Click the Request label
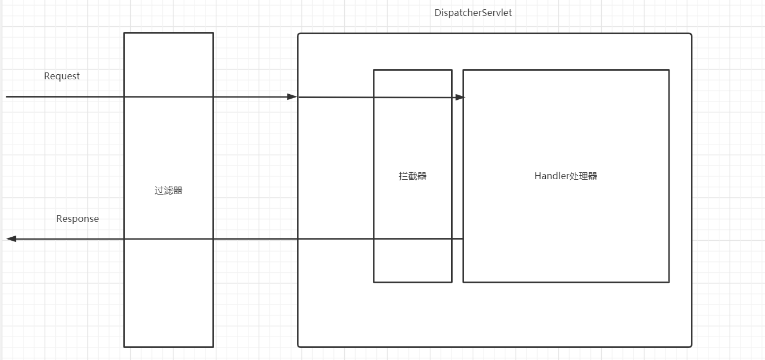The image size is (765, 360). click(62, 76)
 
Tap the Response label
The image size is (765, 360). click(77, 219)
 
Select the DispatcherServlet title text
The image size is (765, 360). click(473, 13)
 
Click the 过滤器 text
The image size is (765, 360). click(168, 190)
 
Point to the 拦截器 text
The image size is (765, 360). click(412, 176)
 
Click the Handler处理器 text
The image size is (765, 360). click(565, 176)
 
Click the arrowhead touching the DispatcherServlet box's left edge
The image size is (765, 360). click(292, 97)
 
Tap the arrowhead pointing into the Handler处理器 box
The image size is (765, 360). click(460, 98)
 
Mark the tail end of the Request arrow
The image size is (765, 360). click(7, 97)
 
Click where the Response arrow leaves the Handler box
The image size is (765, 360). click(463, 238)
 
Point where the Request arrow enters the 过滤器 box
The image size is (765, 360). click(124, 97)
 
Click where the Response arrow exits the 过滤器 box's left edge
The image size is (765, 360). click(124, 238)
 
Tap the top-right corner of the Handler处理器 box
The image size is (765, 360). click(669, 70)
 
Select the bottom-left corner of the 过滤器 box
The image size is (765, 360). click(124, 346)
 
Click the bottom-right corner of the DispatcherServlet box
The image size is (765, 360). click(691, 346)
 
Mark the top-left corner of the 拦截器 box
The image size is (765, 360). click(374, 70)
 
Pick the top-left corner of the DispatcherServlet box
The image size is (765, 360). click(299, 34)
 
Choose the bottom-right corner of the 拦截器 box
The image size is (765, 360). click(452, 282)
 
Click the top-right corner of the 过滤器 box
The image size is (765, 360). click(213, 33)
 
